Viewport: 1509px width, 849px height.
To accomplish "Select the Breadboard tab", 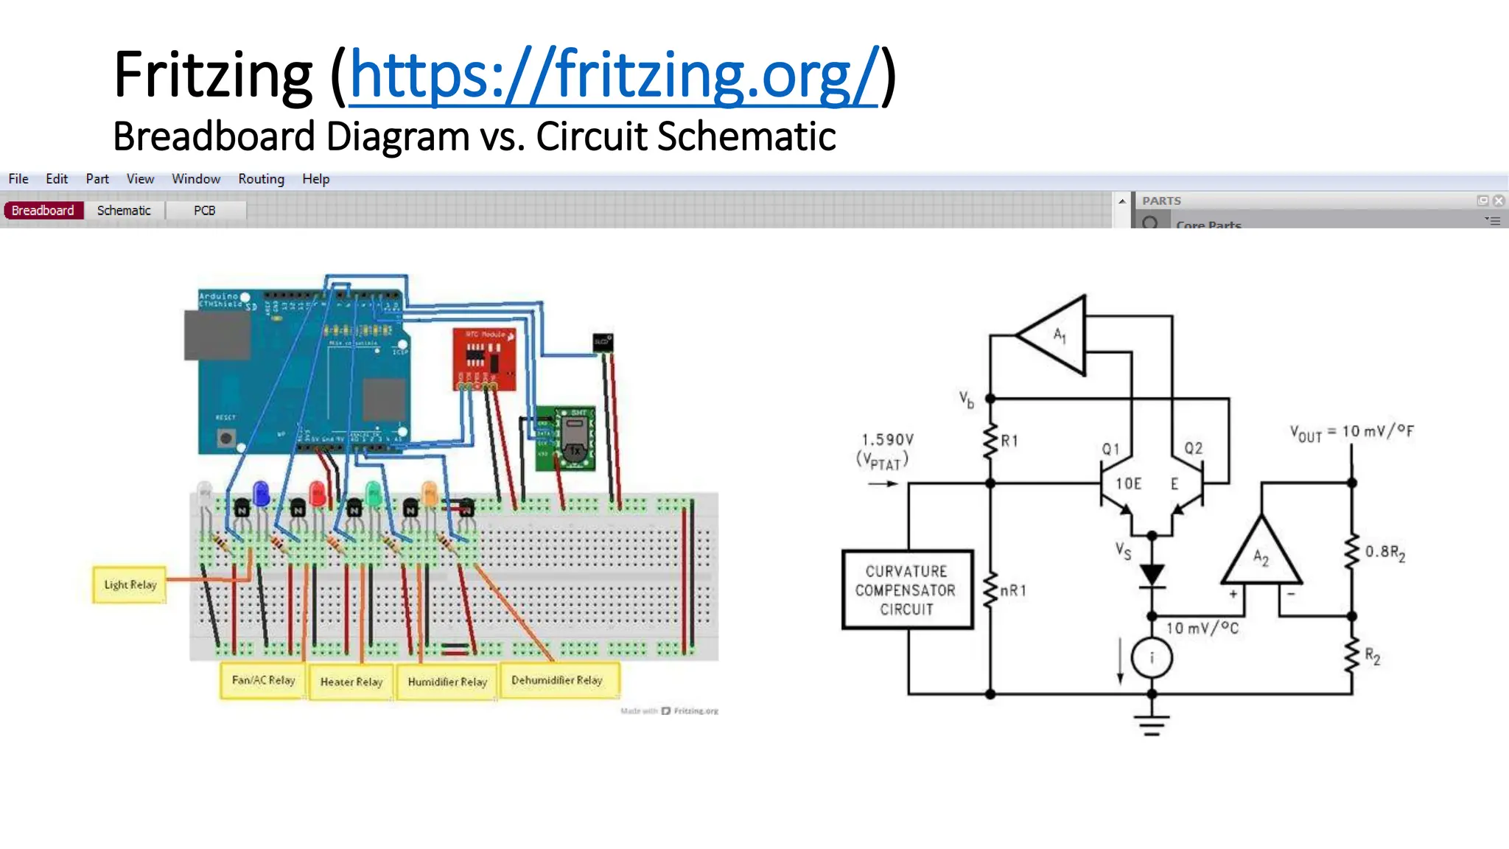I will [x=43, y=211].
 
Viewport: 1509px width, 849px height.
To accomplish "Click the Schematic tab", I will [x=124, y=211].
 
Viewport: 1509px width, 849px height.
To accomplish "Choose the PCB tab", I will [x=204, y=211].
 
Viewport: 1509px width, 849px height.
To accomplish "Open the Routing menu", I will [x=261, y=179].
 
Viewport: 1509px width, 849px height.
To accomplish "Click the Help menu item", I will [x=315, y=179].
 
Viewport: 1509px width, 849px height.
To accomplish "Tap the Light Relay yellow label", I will [x=130, y=585].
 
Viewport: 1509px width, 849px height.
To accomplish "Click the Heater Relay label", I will [x=351, y=682].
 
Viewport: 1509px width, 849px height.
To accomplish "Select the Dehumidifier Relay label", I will [x=557, y=680].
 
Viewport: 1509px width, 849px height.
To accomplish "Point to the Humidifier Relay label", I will [x=447, y=682].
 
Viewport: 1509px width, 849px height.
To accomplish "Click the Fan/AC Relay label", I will [x=263, y=680].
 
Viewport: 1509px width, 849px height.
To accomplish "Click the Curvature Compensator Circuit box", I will [x=907, y=590].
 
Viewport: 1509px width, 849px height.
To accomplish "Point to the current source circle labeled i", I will [x=1152, y=657].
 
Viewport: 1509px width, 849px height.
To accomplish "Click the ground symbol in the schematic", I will [x=1152, y=725].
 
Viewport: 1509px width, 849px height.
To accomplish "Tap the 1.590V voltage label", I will [x=888, y=440].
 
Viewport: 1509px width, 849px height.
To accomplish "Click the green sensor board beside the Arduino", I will [x=565, y=439].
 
